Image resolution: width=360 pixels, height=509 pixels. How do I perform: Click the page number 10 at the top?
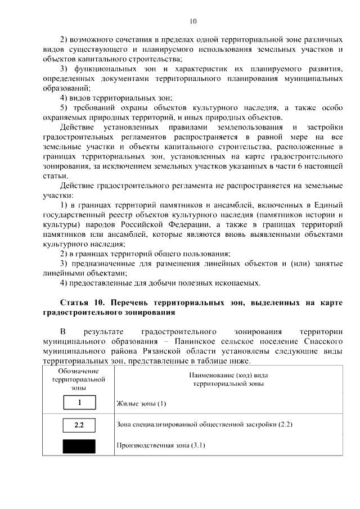[x=192, y=22]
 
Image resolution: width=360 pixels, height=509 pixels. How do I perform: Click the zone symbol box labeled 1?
[x=79, y=403]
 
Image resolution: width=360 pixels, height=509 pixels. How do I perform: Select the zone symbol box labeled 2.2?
[x=79, y=425]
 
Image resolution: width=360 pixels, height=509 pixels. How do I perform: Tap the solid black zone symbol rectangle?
[x=79, y=446]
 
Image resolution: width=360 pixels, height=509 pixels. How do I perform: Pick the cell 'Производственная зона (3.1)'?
[x=160, y=446]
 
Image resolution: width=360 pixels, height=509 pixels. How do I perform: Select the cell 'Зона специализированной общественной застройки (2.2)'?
[x=204, y=424]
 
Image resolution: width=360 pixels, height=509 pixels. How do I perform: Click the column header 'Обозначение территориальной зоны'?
[x=79, y=380]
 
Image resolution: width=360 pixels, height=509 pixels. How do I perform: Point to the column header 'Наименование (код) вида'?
[x=228, y=376]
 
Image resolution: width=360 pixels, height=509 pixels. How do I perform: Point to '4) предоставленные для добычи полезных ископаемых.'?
[x=160, y=282]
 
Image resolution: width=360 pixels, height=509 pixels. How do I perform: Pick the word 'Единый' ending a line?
[x=328, y=205]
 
